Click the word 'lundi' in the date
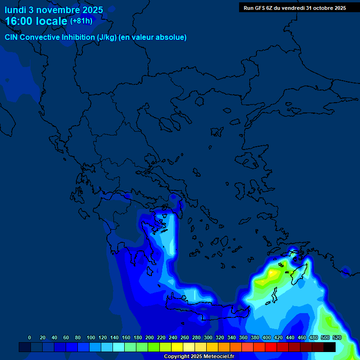(x=15, y=9)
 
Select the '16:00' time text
(x=21, y=21)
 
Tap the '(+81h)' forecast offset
(x=81, y=21)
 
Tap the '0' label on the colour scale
(x=30, y=337)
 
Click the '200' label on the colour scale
(x=150, y=337)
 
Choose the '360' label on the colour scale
(x=243, y=337)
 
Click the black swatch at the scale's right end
(x=330, y=347)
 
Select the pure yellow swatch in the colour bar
(x=177, y=347)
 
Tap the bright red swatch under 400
(x=271, y=347)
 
